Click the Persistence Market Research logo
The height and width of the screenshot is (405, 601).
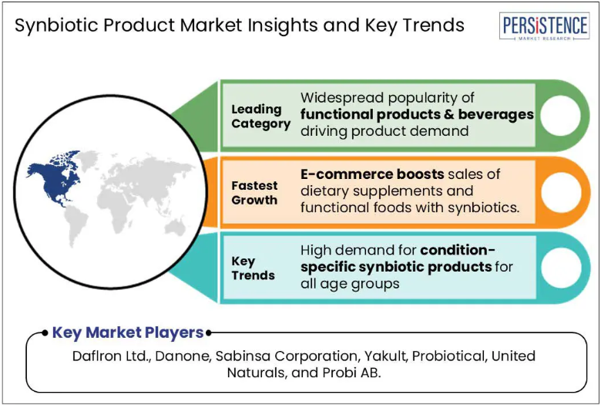click(544, 26)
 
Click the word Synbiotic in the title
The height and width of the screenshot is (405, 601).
click(56, 26)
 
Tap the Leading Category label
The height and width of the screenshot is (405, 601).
click(260, 116)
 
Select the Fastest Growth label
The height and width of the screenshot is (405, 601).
click(254, 193)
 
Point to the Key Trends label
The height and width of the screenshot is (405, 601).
click(253, 268)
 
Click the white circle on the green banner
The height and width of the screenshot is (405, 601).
click(560, 116)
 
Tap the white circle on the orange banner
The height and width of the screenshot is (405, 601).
click(561, 192)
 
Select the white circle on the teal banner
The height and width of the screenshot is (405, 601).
click(561, 268)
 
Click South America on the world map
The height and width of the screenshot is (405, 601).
click(76, 226)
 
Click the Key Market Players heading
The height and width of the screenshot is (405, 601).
click(128, 332)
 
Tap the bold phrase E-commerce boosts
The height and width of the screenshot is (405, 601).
click(372, 174)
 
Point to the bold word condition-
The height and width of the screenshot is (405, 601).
click(458, 250)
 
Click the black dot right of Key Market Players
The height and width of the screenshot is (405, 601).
click(209, 332)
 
